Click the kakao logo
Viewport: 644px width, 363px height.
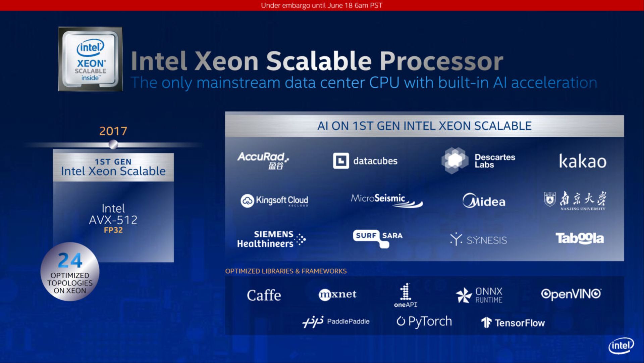coord(582,161)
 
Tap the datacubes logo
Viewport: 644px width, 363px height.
coord(365,161)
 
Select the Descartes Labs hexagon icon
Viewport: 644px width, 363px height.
coord(454,160)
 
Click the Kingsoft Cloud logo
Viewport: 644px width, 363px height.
coord(274,200)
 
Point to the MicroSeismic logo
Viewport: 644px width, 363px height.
coord(386,200)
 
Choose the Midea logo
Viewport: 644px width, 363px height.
coord(484,201)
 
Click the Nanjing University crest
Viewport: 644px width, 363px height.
coord(549,199)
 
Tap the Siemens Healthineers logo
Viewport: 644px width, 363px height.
coord(271,239)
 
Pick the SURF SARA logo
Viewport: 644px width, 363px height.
coord(378,237)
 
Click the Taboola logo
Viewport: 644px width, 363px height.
coord(580,238)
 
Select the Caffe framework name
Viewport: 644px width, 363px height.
coord(264,296)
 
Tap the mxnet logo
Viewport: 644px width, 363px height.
coord(337,294)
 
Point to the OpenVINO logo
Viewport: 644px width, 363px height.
coord(571,294)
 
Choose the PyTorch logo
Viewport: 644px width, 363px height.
coord(424,321)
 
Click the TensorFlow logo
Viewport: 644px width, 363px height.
coord(513,323)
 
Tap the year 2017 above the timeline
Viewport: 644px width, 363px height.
coord(113,131)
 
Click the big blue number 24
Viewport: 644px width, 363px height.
coord(70,261)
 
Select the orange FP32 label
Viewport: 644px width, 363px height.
coord(113,230)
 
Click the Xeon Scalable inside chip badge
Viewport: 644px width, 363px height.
coord(90,59)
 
